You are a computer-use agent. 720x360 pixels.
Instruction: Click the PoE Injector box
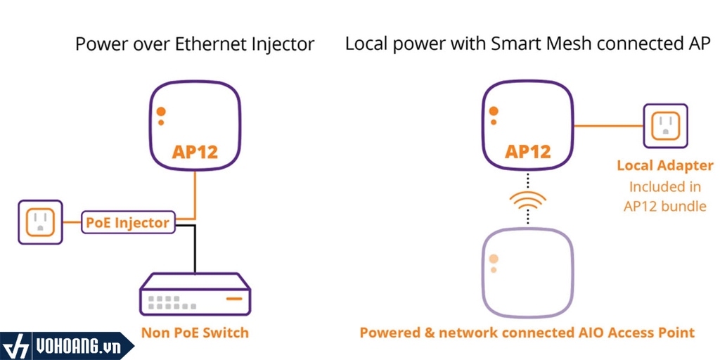(x=127, y=222)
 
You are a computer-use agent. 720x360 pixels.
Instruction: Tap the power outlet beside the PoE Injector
(x=40, y=222)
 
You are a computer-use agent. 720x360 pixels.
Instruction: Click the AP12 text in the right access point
(x=528, y=151)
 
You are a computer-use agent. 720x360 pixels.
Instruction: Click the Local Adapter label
(x=665, y=166)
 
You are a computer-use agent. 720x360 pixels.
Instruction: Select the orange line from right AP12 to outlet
(x=608, y=126)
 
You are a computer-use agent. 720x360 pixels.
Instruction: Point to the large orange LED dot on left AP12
(x=161, y=111)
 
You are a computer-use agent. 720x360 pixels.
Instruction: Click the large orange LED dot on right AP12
(x=494, y=111)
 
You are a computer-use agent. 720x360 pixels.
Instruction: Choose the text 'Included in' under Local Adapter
(x=665, y=186)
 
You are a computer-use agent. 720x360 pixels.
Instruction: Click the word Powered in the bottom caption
(x=389, y=333)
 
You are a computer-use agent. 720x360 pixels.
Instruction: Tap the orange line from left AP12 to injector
(x=195, y=193)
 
